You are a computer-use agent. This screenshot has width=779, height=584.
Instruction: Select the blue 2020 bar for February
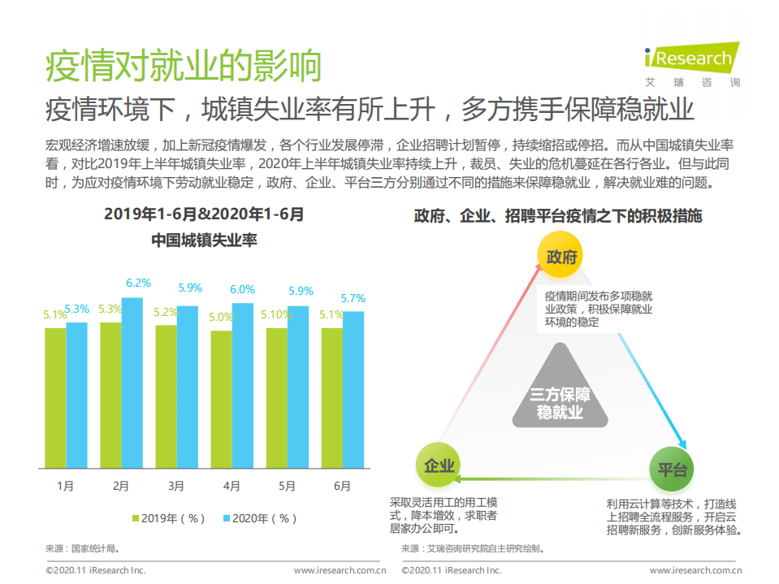pyautogui.click(x=132, y=383)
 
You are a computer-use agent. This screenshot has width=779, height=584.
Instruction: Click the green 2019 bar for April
pyautogui.click(x=221, y=399)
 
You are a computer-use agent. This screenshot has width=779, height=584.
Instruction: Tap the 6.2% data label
pyautogui.click(x=138, y=283)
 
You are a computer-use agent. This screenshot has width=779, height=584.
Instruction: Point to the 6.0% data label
pyautogui.click(x=242, y=289)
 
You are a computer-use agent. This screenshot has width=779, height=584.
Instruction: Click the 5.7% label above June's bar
pyautogui.click(x=353, y=298)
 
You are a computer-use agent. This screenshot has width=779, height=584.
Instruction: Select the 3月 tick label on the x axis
pyautogui.click(x=176, y=487)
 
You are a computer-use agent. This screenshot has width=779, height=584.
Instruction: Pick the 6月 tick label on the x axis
pyautogui.click(x=342, y=487)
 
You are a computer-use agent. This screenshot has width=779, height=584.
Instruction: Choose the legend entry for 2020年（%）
pyautogui.click(x=259, y=517)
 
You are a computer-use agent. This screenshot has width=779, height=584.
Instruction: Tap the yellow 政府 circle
pyautogui.click(x=561, y=257)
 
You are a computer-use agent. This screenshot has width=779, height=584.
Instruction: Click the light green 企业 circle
pyautogui.click(x=439, y=466)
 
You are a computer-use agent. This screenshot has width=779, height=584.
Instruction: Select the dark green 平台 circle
pyautogui.click(x=673, y=469)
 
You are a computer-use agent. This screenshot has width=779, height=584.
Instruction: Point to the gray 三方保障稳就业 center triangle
pyautogui.click(x=560, y=393)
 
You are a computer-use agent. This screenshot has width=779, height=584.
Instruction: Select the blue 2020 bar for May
pyautogui.click(x=297, y=387)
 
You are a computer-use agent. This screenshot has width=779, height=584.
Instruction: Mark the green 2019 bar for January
pyautogui.click(x=55, y=398)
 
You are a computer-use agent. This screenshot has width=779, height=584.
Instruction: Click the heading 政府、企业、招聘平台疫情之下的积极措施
pyautogui.click(x=557, y=216)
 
